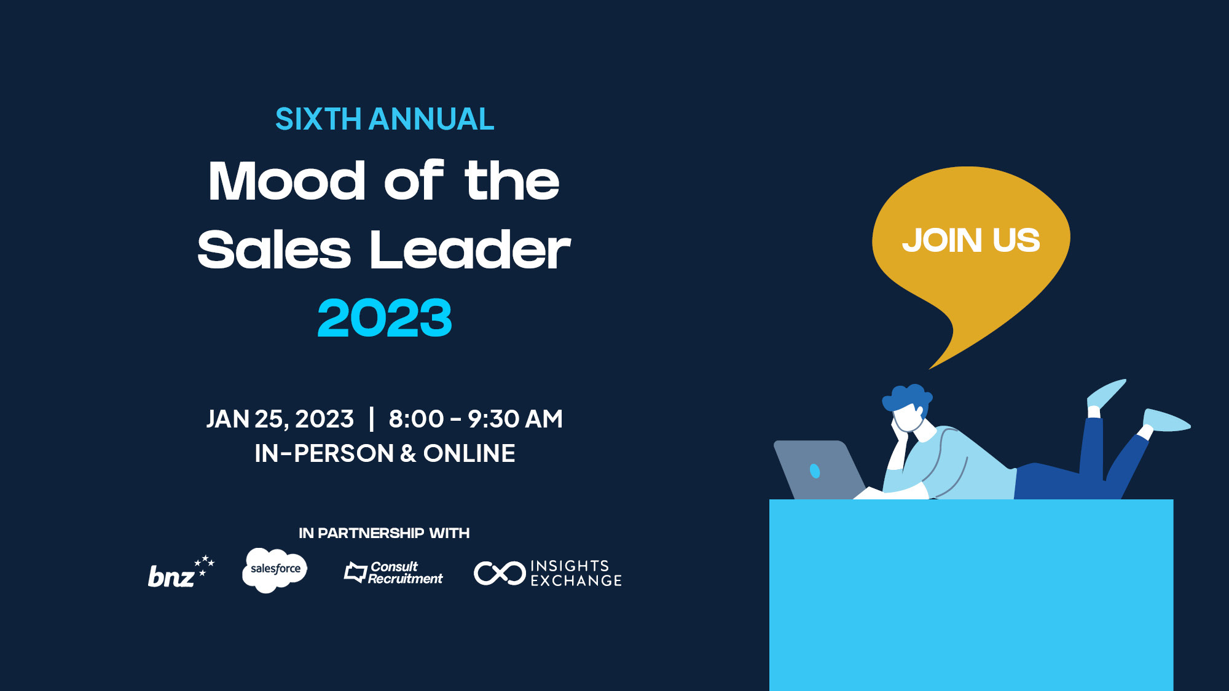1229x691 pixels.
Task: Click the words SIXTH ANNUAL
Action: [385, 119]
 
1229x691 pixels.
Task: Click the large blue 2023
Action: [385, 318]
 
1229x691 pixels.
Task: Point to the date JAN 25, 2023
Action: [280, 420]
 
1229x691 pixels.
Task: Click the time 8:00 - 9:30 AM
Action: [476, 419]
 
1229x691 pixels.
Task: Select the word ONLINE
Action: [469, 453]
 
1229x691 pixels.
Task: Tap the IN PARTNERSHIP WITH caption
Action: [384, 533]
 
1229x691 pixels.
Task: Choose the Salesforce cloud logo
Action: [275, 570]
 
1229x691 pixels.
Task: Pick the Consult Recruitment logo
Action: [393, 572]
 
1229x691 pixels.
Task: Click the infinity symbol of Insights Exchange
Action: [500, 573]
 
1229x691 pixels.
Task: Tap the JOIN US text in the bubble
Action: [971, 240]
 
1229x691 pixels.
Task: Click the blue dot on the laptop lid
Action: [815, 470]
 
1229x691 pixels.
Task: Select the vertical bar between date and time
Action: [371, 419]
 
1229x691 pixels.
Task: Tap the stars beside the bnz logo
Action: [204, 564]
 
